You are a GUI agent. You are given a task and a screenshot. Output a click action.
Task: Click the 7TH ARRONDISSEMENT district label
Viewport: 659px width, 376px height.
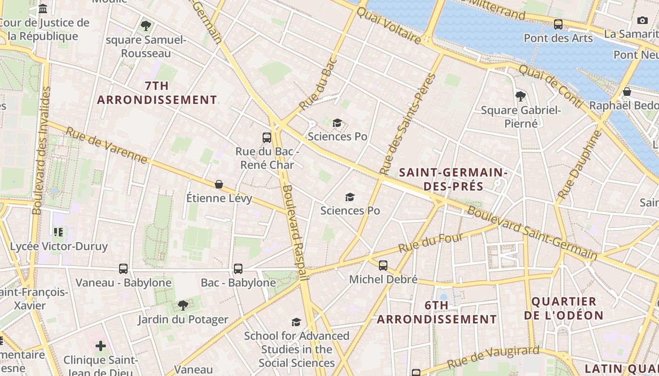[157, 93]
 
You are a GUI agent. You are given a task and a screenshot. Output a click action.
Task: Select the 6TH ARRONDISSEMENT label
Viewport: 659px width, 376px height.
[437, 313]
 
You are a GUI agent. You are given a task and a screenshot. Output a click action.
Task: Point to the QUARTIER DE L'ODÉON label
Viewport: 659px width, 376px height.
[563, 308]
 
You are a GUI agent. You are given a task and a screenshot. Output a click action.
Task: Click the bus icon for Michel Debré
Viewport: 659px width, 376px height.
[383, 266]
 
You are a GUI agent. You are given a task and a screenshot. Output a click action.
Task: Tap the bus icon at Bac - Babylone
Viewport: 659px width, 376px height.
[238, 269]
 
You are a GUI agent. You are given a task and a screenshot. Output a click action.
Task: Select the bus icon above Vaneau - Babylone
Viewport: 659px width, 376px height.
[123, 269]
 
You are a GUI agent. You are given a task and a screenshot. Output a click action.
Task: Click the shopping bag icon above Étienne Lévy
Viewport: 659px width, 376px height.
[219, 184]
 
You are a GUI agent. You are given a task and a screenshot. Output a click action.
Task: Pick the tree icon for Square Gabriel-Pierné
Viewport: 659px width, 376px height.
[521, 96]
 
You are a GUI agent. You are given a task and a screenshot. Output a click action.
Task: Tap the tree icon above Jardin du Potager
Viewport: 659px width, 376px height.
[183, 306]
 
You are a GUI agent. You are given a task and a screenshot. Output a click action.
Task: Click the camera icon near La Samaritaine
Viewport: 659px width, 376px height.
[642, 20]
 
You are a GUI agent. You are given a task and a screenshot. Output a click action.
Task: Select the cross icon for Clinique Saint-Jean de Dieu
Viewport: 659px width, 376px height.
[101, 346]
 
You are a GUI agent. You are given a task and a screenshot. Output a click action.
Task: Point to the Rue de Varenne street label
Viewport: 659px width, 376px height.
[106, 145]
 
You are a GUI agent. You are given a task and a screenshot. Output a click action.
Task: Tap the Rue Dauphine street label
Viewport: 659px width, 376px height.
[579, 164]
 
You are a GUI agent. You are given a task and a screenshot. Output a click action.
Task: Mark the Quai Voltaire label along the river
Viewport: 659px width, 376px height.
[389, 26]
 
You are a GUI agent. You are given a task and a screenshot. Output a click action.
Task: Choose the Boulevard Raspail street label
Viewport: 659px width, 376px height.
[295, 233]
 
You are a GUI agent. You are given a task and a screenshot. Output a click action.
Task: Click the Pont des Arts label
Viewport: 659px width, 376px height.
[558, 38]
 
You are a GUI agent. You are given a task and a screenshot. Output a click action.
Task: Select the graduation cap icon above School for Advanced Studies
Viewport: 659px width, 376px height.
[296, 322]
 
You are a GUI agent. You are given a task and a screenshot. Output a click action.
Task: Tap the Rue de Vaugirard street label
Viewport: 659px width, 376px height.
[493, 357]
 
